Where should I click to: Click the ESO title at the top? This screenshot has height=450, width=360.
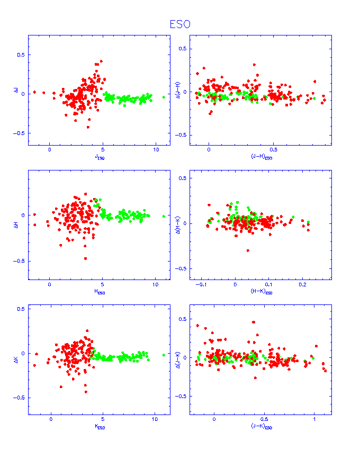180,24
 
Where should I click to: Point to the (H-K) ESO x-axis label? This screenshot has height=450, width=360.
261,292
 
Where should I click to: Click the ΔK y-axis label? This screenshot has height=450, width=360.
23,353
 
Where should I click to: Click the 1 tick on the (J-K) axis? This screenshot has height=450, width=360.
314,420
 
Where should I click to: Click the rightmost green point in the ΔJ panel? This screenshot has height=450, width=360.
164,97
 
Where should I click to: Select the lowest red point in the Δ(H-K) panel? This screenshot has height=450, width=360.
248,250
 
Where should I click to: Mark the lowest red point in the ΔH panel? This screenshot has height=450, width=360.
85,258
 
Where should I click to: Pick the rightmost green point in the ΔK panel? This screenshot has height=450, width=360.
164,355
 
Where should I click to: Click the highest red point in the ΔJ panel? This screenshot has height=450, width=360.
101,61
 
